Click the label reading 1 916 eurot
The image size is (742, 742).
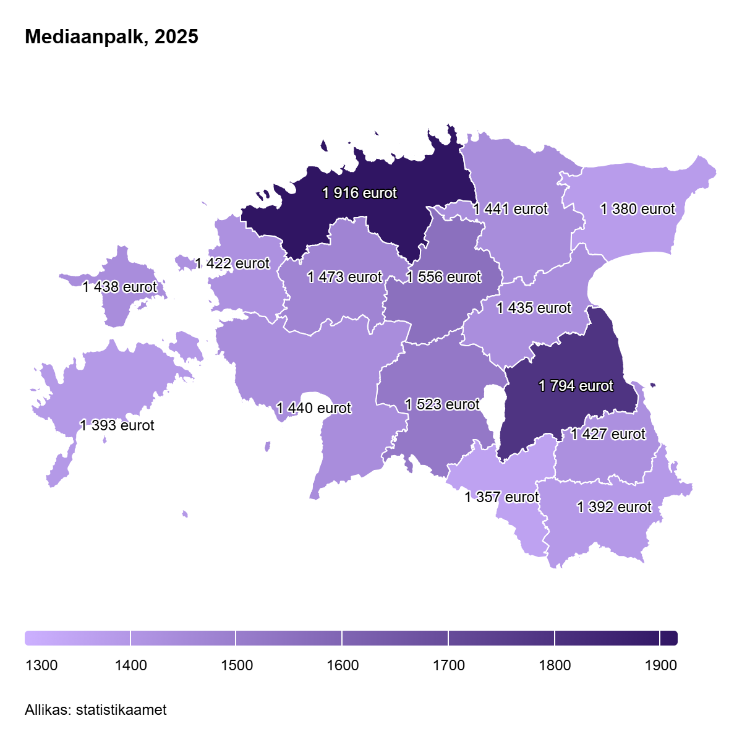coord(359,193)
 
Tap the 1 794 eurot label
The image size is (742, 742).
coord(576,386)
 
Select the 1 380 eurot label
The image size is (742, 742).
coord(638,209)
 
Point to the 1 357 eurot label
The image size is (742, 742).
coord(501,497)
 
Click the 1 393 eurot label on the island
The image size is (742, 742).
coord(117,425)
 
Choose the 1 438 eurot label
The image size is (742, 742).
coord(119,287)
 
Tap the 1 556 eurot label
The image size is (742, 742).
coord(443,277)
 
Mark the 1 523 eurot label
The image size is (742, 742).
coord(442,404)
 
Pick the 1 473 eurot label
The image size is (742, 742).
coord(344,277)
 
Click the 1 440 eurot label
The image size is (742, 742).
coord(313,408)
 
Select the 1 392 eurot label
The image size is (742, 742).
coord(614,507)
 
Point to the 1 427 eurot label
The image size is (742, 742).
coord(608,434)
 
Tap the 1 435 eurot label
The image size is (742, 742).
coord(534,308)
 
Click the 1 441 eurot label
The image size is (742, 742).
coord(510,209)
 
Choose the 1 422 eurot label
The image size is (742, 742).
coord(232,263)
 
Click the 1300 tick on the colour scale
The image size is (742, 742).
coord(41,665)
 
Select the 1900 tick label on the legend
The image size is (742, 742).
coord(660,665)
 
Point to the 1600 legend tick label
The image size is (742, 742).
coord(343,665)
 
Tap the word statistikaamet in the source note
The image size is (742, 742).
coord(121,710)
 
